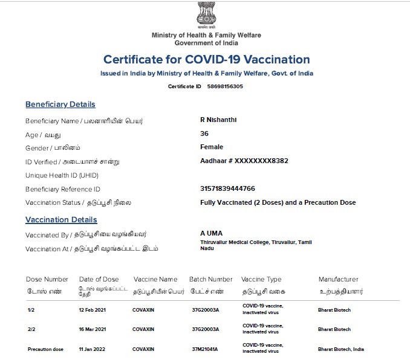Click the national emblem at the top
(206, 14)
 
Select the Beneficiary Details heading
(60, 104)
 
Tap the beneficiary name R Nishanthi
(218, 120)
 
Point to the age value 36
(204, 133)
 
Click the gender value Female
(212, 147)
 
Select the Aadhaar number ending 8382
(244, 161)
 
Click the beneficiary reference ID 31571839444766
(227, 188)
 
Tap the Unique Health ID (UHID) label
(62, 175)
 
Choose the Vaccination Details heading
(61, 220)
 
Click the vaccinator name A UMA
(211, 233)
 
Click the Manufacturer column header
(339, 279)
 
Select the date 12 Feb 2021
(93, 309)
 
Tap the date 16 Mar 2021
(93, 329)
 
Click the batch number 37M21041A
(205, 349)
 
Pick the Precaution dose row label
(45, 349)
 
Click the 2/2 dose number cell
(31, 329)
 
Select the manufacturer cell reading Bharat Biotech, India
(341, 349)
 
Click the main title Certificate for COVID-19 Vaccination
(207, 60)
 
